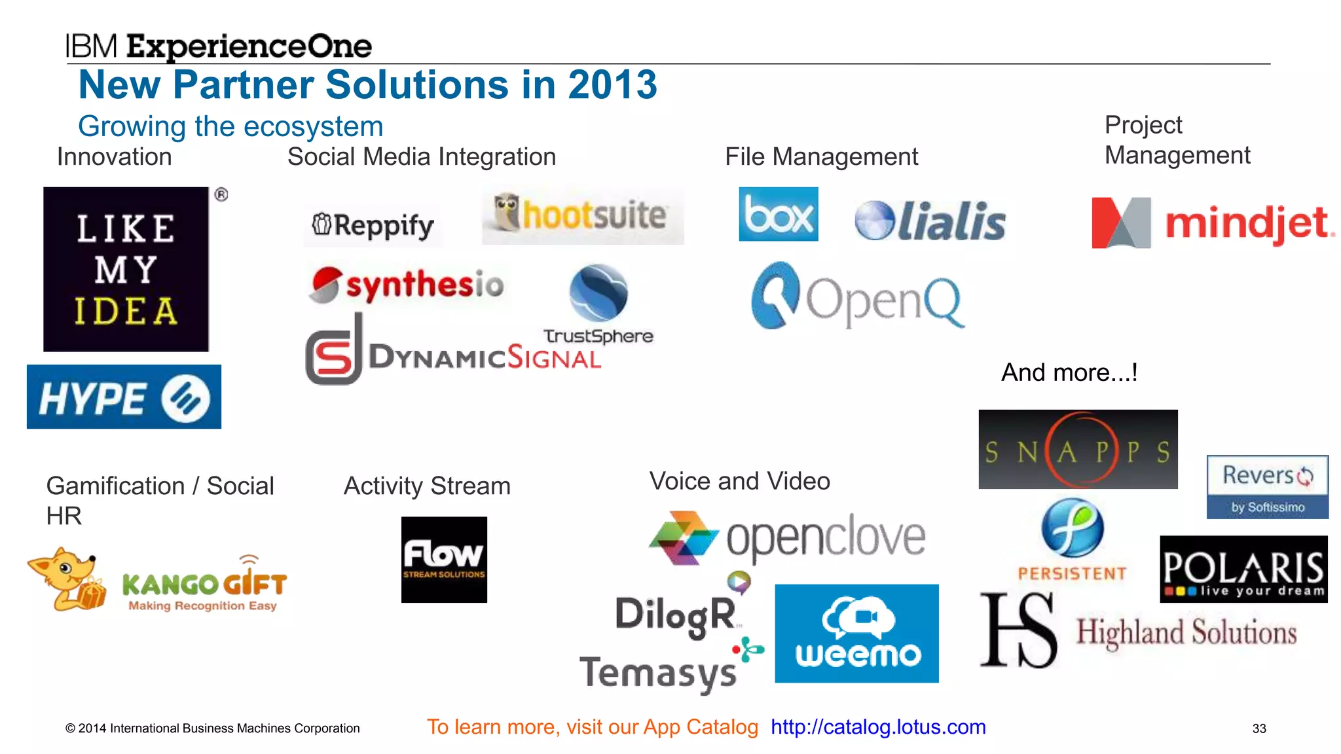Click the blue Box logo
[778, 214]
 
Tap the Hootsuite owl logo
[582, 216]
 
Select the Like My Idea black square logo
[126, 269]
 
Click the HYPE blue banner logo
[124, 397]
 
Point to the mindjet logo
[1212, 223]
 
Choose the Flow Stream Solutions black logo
[444, 560]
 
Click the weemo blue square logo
[856, 634]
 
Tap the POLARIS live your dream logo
[1243, 569]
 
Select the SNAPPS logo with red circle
[1078, 450]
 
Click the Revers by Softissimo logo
[1268, 487]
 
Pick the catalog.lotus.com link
[878, 727]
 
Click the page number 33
[1259, 728]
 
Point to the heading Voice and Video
[739, 481]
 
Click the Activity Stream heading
[427, 486]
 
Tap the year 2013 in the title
[612, 85]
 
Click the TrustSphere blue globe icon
[598, 293]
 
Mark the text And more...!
[1069, 372]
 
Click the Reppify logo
[373, 226]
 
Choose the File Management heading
[821, 157]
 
